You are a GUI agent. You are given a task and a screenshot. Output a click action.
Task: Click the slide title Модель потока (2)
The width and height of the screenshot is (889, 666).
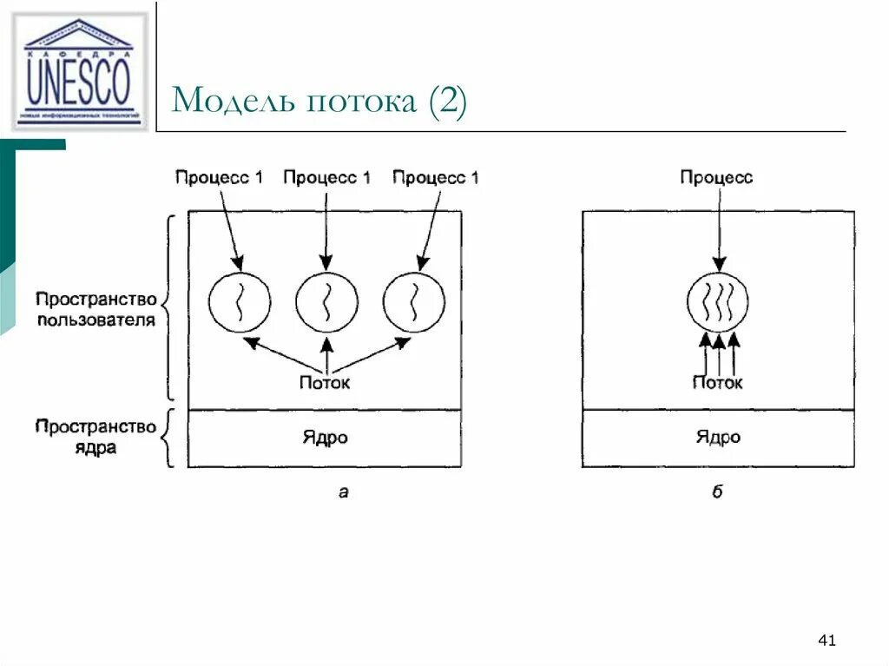[x=319, y=102]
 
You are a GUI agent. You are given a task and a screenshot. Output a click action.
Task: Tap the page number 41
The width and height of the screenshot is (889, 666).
[x=826, y=641]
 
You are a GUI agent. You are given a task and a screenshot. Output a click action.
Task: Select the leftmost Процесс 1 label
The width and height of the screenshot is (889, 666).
[x=219, y=178]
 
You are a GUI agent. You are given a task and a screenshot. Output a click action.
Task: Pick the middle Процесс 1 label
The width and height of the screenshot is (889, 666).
[x=326, y=178]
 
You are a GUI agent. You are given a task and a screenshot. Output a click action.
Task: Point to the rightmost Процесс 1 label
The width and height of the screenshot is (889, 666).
[x=435, y=178]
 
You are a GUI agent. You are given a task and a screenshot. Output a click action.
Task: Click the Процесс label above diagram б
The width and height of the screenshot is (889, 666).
[x=716, y=178]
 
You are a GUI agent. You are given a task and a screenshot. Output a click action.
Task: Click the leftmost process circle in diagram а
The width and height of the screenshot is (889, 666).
[x=240, y=302]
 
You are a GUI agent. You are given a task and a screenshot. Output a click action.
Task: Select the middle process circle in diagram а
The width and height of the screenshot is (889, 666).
[x=326, y=302]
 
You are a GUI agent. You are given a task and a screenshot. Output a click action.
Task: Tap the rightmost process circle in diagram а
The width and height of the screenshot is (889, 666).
[x=413, y=302]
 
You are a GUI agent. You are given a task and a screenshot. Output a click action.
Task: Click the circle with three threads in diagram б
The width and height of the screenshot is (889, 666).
[x=718, y=302]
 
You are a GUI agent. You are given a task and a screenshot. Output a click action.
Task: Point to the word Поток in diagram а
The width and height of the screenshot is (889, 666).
[x=325, y=382]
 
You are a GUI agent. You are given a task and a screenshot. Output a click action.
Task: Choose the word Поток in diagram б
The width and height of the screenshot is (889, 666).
[x=718, y=382]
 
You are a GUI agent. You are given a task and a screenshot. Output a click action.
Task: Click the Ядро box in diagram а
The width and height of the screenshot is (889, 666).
[x=325, y=438]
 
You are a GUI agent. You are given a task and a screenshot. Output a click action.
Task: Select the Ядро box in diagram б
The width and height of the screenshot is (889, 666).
[x=718, y=438]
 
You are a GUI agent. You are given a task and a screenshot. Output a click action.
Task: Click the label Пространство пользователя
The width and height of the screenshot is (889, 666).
[x=96, y=309]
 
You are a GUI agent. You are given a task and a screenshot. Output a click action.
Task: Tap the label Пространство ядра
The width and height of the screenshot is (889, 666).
[x=96, y=438]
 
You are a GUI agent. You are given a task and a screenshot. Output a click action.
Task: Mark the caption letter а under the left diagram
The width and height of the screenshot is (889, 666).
[x=343, y=493]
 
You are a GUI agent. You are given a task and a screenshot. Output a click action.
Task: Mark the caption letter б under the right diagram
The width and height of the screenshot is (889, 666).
[x=718, y=493]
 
